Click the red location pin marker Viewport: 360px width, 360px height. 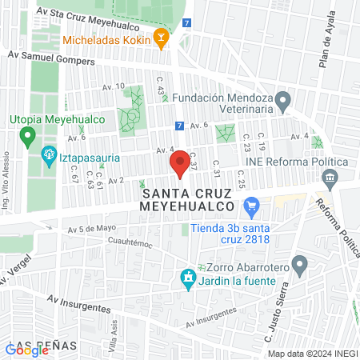(x=177, y=165)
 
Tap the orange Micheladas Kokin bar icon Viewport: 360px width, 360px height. (x=162, y=38)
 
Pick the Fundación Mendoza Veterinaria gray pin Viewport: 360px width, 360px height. (x=282, y=101)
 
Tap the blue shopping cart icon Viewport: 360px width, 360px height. (x=251, y=206)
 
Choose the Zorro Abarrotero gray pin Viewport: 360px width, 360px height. (x=300, y=264)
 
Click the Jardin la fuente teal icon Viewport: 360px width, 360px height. (x=188, y=278)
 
